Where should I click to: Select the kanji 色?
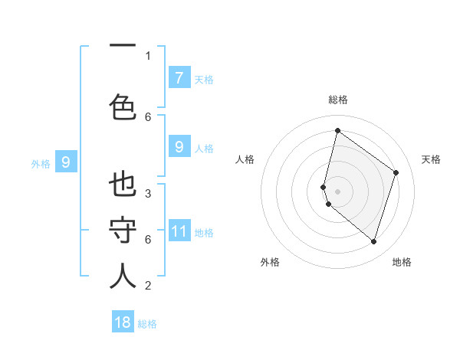pos(123,106)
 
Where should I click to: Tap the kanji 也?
pos(123,187)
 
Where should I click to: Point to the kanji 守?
pos(123,232)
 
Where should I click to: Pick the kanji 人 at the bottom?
pos(123,277)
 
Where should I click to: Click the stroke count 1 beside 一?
pos(148,55)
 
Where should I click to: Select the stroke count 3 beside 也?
pos(148,193)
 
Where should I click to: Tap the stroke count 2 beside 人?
pos(148,286)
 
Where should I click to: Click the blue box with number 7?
pos(179,77)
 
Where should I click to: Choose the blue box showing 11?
pos(179,231)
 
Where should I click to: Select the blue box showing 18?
pos(123,322)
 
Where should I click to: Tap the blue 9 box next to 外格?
pos(66,162)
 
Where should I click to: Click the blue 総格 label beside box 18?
pos(147,324)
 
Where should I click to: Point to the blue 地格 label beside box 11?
pos(204,232)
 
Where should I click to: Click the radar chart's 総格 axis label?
pos(337,100)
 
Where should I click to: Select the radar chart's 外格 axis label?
pos(270,262)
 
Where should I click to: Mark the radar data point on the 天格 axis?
pos(396,172)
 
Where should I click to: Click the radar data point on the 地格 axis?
pos(373,241)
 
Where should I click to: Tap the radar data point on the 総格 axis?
pos(337,130)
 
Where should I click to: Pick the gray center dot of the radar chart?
pos(337,191)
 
